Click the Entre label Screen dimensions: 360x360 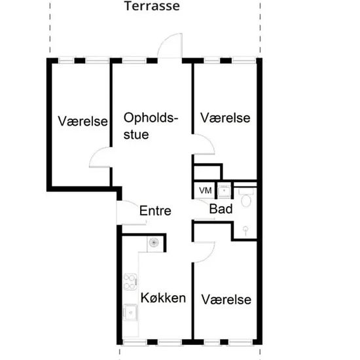click(x=156, y=211)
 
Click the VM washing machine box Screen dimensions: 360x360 click(x=206, y=190)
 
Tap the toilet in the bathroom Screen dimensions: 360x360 click(x=246, y=198)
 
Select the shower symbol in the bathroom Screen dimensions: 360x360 click(x=244, y=229)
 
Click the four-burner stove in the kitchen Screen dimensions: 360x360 click(x=129, y=281)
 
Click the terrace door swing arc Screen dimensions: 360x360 click(x=170, y=45)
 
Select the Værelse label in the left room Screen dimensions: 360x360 click(x=82, y=121)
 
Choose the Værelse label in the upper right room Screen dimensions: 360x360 click(x=226, y=118)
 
